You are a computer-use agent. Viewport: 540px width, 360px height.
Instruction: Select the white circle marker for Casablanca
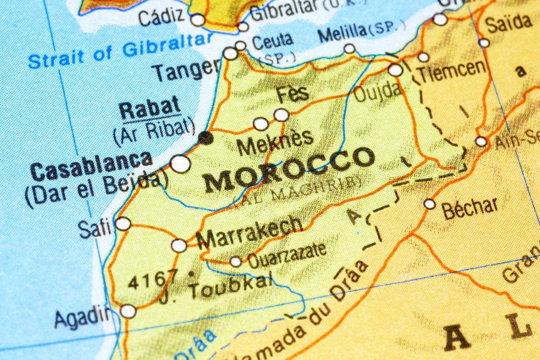tap(180, 164)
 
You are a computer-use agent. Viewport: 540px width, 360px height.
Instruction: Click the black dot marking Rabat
tap(206, 137)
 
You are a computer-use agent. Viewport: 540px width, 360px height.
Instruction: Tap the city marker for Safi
tap(123, 224)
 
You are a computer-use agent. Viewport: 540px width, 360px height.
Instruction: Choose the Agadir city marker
tap(128, 311)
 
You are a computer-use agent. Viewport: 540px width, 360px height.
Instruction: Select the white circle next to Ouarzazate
tap(235, 262)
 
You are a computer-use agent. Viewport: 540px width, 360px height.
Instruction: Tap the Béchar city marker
tap(429, 204)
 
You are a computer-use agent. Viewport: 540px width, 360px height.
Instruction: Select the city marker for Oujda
tap(395, 70)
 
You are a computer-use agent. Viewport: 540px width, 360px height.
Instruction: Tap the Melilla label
tap(343, 33)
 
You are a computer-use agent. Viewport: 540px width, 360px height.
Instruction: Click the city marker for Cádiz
tap(197, 20)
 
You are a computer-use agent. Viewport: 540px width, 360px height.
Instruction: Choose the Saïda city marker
tap(484, 43)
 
